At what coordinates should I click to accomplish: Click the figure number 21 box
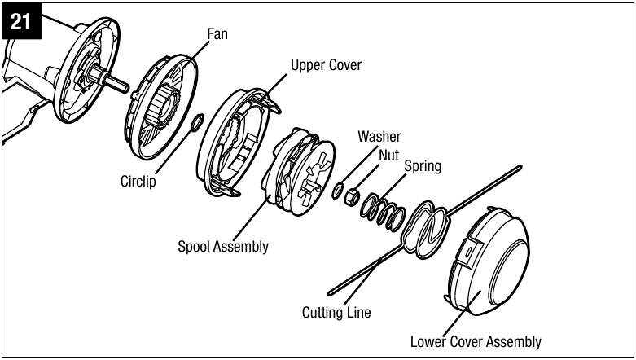click(21, 21)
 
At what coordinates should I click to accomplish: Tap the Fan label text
click(217, 34)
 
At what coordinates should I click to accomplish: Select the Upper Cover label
click(326, 65)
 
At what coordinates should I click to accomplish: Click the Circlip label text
click(138, 181)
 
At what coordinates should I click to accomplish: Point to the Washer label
click(379, 136)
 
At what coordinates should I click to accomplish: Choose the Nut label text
click(389, 155)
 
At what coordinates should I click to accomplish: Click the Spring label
click(423, 166)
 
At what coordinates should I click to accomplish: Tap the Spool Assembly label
click(223, 246)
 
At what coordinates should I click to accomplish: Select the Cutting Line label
click(336, 312)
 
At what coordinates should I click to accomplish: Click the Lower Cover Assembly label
click(476, 342)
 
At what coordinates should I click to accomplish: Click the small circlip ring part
click(197, 122)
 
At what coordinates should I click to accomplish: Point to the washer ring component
click(338, 191)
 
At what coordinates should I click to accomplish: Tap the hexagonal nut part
click(352, 197)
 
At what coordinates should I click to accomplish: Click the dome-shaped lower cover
click(488, 261)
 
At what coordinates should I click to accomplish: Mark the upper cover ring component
click(236, 142)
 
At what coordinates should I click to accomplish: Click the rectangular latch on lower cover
click(469, 252)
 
